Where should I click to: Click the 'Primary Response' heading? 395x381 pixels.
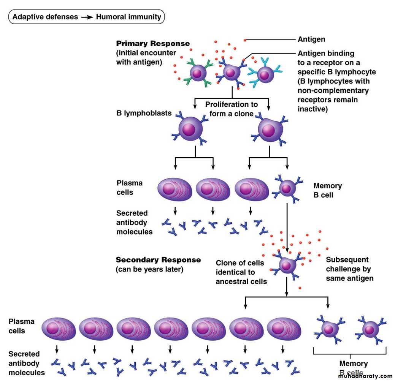click(x=153, y=44)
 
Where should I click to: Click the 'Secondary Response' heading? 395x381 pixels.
click(x=158, y=260)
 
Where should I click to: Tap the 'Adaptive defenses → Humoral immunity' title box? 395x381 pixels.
click(x=86, y=17)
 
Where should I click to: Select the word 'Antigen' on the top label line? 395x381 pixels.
click(x=311, y=40)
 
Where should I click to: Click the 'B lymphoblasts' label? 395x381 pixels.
click(x=139, y=113)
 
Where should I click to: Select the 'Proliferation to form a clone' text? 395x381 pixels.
click(x=231, y=109)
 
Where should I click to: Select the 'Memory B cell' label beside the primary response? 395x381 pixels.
click(x=327, y=191)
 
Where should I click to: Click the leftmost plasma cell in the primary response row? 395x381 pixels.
click(x=175, y=189)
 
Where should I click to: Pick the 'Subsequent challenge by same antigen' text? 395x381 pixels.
click(x=349, y=269)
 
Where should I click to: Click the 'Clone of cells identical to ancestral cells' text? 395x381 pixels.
click(x=241, y=272)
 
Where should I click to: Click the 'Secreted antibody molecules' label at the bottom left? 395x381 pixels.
click(x=27, y=364)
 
